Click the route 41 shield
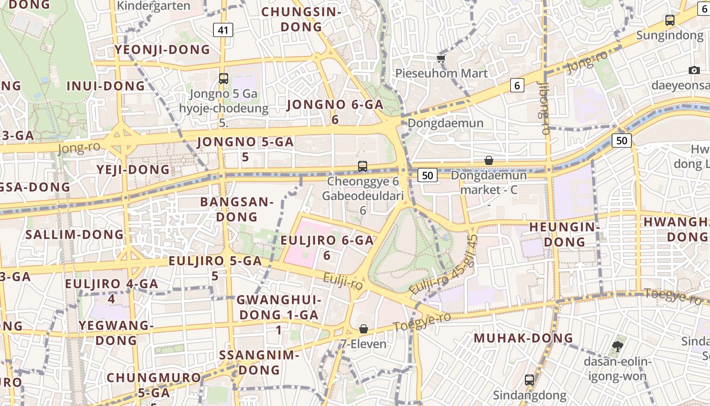coord(223,30)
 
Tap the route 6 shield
coord(517,85)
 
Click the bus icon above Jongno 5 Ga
coord(223,79)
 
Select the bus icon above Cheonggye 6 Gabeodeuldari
coord(362,166)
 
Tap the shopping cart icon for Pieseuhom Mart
coord(441,59)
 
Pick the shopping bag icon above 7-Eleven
coord(363,329)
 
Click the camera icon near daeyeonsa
coord(694,70)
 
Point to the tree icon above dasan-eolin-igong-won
coord(617,347)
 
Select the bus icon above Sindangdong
coord(529,380)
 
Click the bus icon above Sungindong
coord(669,20)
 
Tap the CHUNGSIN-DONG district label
coord(294,19)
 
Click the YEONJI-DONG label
coord(162,49)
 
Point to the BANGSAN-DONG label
coord(236,209)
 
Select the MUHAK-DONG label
coord(523,338)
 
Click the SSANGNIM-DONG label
coord(259,362)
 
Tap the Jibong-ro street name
coord(544,108)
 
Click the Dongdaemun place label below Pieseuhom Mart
coord(445,123)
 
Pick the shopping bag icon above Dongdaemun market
coord(488,160)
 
